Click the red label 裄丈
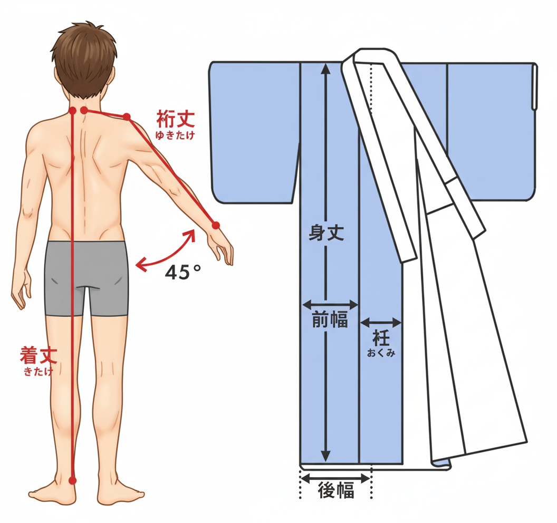tap(176, 119)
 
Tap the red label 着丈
tap(39, 355)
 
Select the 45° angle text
tap(183, 273)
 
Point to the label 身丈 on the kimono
tap(326, 233)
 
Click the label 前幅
tap(330, 319)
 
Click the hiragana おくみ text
tap(381, 353)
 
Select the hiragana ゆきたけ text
tap(175, 135)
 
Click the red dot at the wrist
tap(216, 225)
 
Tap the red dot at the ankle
tap(72, 481)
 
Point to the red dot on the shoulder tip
tap(127, 117)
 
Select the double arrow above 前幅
tap(330, 304)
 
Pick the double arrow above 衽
tap(381, 323)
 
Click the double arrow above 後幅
tap(335, 478)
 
